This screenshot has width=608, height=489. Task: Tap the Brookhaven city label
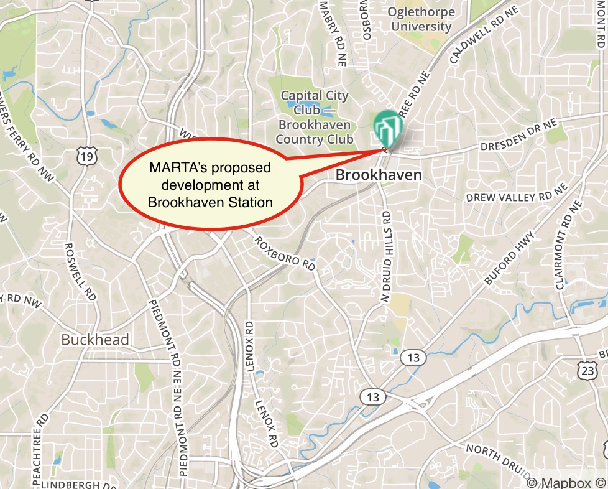tap(378, 175)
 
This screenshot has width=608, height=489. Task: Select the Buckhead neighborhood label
tap(95, 340)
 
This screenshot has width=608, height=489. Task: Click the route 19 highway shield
tap(87, 157)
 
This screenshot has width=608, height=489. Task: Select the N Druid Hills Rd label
tap(386, 256)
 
